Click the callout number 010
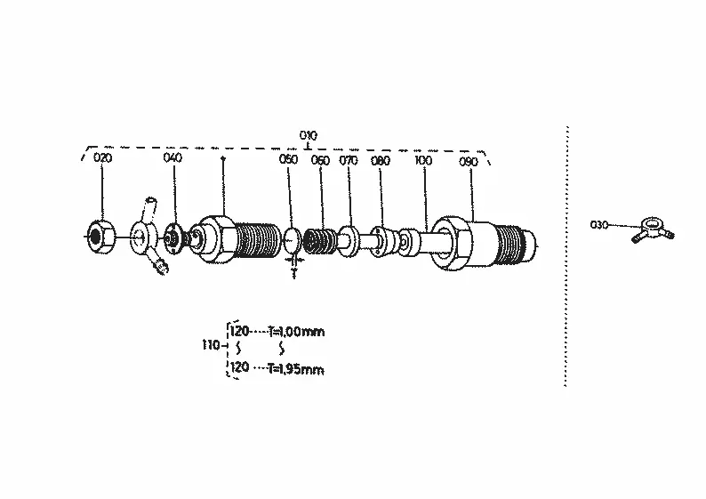tap(309, 135)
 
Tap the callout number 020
tap(102, 157)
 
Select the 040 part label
tap(172, 157)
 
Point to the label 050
tap(288, 159)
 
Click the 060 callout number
tap(320, 160)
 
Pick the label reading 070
tap(349, 160)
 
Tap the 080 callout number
tap(381, 160)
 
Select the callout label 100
tap(422, 160)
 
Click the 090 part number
tap(469, 162)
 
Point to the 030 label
tap(599, 224)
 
